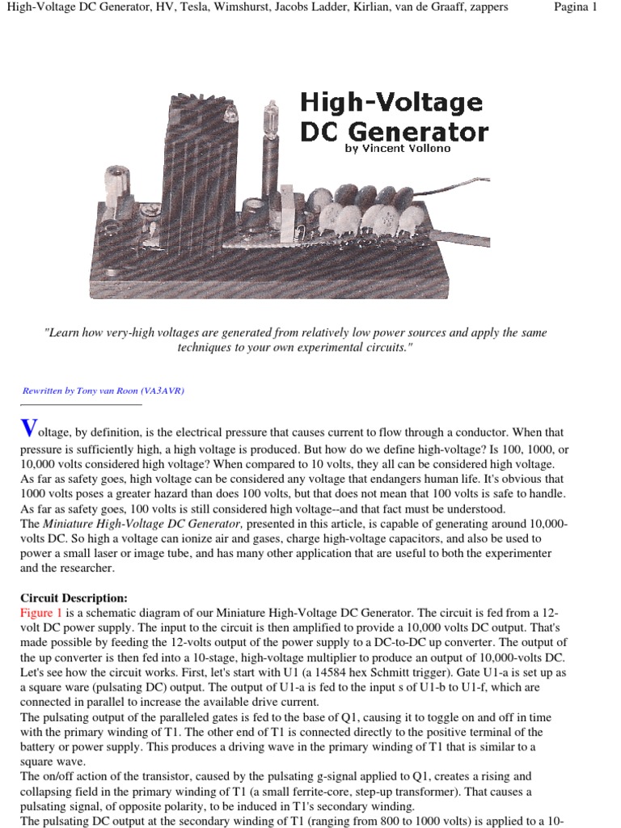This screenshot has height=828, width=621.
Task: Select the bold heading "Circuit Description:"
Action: [x=74, y=598]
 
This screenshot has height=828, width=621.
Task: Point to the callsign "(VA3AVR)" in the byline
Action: [x=164, y=391]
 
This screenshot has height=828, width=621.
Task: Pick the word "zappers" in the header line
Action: [x=487, y=7]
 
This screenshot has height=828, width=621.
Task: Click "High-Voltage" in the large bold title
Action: [x=391, y=103]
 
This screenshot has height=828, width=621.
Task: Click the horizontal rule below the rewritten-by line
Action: [x=81, y=404]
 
